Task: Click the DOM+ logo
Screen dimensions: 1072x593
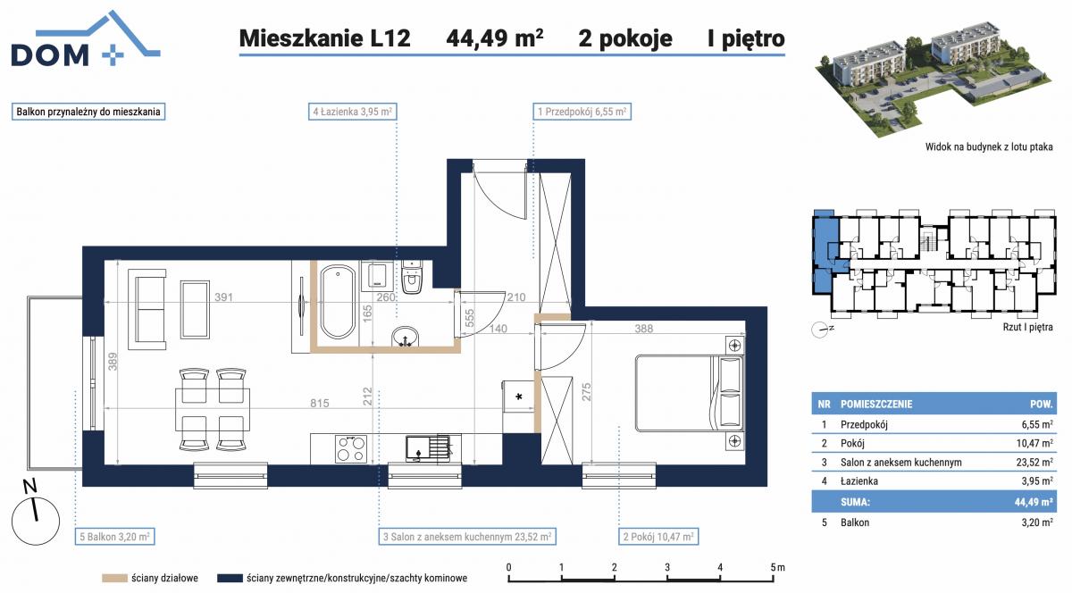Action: pyautogui.click(x=85, y=39)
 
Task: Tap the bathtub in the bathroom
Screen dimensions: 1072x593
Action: pyautogui.click(x=338, y=303)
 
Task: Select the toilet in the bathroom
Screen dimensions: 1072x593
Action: pyautogui.click(x=412, y=278)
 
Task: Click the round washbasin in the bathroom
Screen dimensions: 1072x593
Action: pyautogui.click(x=406, y=337)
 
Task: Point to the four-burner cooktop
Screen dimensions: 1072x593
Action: pyautogui.click(x=351, y=448)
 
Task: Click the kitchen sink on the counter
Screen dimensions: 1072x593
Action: pyautogui.click(x=427, y=448)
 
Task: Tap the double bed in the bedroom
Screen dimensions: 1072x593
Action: pyautogui.click(x=689, y=393)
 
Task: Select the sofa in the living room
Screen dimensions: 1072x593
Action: pyautogui.click(x=150, y=309)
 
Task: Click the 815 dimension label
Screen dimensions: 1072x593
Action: pyautogui.click(x=319, y=403)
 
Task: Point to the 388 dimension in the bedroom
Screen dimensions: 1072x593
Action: pyautogui.click(x=644, y=329)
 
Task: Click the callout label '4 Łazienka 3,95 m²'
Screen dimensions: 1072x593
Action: pyautogui.click(x=352, y=112)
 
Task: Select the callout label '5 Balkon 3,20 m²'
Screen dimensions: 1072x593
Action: pyautogui.click(x=114, y=537)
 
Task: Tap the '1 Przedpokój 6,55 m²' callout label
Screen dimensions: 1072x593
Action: pyautogui.click(x=582, y=112)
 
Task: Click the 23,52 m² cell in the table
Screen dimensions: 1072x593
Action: pyautogui.click(x=1036, y=462)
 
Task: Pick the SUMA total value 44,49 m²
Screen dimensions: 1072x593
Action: pyautogui.click(x=1033, y=502)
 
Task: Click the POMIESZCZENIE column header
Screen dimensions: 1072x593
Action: pyautogui.click(x=876, y=404)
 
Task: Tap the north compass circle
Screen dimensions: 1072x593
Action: pyautogui.click(x=36, y=521)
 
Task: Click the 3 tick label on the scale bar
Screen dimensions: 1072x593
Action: pyautogui.click(x=667, y=567)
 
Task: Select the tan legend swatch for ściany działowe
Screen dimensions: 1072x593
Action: pyautogui.click(x=115, y=578)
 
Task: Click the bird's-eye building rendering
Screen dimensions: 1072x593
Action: pyautogui.click(x=934, y=77)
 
